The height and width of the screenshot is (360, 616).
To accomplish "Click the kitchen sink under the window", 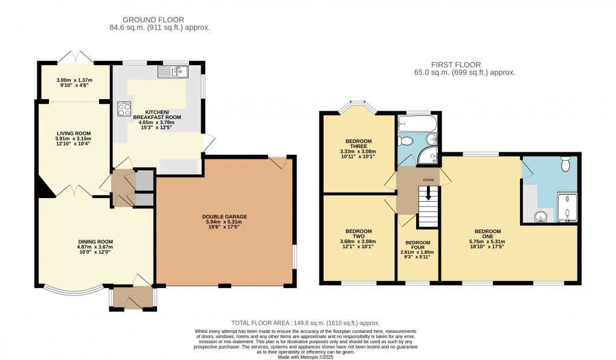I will pos(173,72).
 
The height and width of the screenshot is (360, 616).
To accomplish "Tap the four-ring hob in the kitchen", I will pos(124,109).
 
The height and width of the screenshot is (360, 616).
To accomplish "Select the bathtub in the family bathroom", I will pos(415,125).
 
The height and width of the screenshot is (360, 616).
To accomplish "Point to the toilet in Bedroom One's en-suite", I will pos(565,164).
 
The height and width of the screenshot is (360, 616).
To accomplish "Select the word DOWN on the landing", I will pos(428,180).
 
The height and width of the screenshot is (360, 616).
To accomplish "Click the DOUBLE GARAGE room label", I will pos(225,216).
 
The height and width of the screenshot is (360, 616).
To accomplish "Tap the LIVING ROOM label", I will pos(74,133).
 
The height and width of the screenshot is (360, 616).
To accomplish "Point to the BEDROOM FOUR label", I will pos(418,243).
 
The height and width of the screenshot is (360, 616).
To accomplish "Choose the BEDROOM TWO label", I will pos(358,231).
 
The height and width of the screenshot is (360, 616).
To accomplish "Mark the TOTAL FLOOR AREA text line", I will pos(306,323).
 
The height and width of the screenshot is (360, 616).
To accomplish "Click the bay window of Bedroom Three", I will pos(356,109).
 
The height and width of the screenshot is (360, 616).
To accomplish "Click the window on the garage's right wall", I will pos(295,256).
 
